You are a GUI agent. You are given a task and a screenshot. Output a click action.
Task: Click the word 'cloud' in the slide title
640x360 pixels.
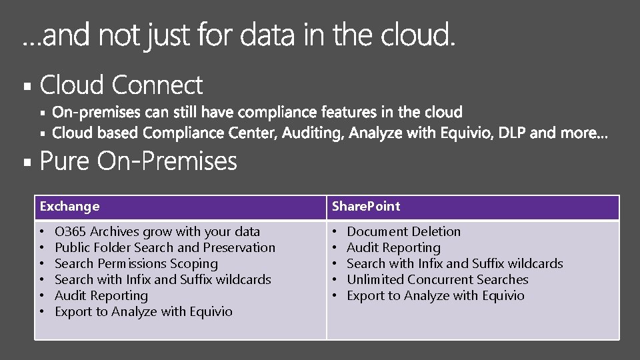click(418, 36)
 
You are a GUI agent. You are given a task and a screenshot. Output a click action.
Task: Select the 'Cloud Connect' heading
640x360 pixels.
click(121, 85)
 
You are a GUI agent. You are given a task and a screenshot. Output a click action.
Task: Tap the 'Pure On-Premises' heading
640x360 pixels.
click(139, 161)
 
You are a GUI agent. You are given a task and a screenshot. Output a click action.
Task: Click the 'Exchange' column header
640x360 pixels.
click(70, 207)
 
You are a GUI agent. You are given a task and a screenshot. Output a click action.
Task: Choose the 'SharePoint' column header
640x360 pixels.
click(366, 207)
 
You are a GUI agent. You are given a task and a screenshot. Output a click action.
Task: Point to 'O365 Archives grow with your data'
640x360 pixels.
click(157, 232)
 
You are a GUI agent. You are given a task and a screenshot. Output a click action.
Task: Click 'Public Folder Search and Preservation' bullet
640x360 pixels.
click(165, 248)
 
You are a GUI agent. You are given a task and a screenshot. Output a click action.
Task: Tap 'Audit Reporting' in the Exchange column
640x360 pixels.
click(101, 296)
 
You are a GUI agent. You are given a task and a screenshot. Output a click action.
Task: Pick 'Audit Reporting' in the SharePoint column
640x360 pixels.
click(393, 248)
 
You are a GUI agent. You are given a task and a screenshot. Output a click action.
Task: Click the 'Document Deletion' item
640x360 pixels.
click(403, 232)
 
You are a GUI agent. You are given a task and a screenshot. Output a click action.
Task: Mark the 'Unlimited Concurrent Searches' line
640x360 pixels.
click(437, 280)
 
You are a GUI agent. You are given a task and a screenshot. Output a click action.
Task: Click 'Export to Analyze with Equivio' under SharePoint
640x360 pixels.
click(435, 296)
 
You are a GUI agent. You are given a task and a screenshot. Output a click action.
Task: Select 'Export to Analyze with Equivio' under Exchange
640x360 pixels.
click(143, 312)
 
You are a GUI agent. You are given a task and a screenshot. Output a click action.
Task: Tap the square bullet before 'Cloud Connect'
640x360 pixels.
click(27, 87)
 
